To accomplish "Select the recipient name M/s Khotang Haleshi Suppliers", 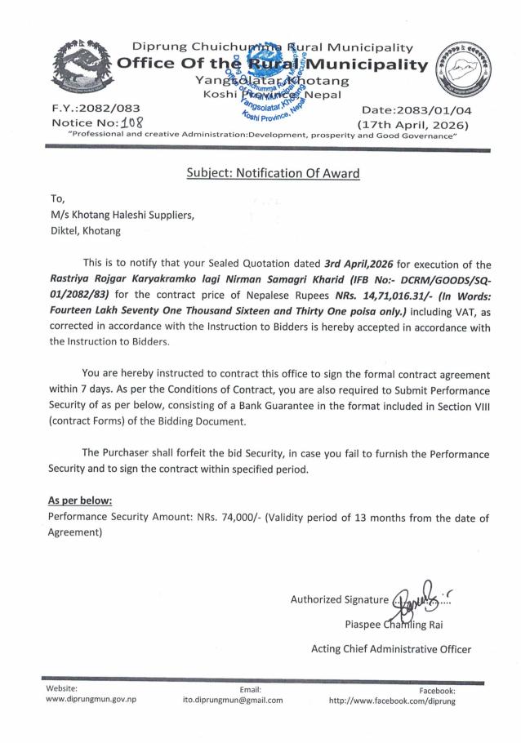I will pos(122,215).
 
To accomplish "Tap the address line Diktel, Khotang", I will pos(85,230).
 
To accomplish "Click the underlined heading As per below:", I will pos(80,500).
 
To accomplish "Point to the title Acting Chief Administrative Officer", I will pos(390,649).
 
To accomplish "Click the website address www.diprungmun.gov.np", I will pos(91,701).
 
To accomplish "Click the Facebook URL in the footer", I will pos(391,701).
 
